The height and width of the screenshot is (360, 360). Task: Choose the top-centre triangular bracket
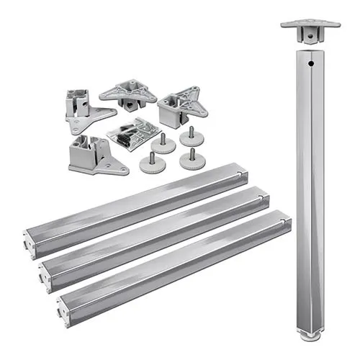click(128, 94)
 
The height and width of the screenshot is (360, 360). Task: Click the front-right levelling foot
click(190, 158)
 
